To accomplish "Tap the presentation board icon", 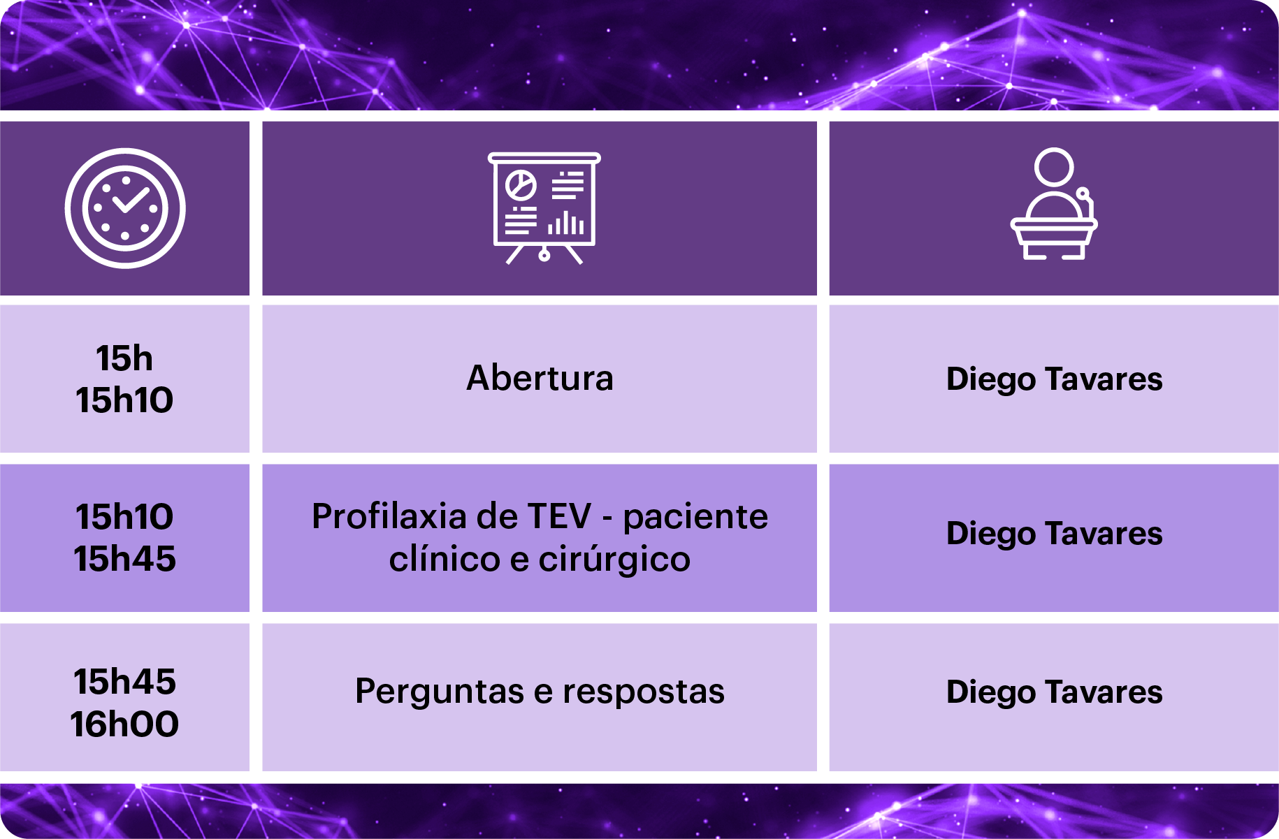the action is click(544, 208).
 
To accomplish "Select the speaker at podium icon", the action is click(1054, 204).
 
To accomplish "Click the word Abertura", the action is click(540, 378).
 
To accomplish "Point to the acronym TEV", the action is click(559, 516).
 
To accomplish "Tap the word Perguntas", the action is click(440, 692).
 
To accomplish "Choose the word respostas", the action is click(644, 692).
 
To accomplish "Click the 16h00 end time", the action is click(124, 724).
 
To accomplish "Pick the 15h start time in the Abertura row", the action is click(124, 358).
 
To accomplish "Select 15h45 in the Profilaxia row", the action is click(124, 559).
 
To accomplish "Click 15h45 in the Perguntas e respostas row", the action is click(124, 681).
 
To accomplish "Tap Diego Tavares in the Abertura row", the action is click(1054, 379).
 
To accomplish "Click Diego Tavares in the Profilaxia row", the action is click(1054, 534).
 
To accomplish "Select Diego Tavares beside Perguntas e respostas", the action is click(1054, 692).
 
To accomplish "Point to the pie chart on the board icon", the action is click(521, 185).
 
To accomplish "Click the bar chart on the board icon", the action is click(565, 223).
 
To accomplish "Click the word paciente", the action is click(695, 518).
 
